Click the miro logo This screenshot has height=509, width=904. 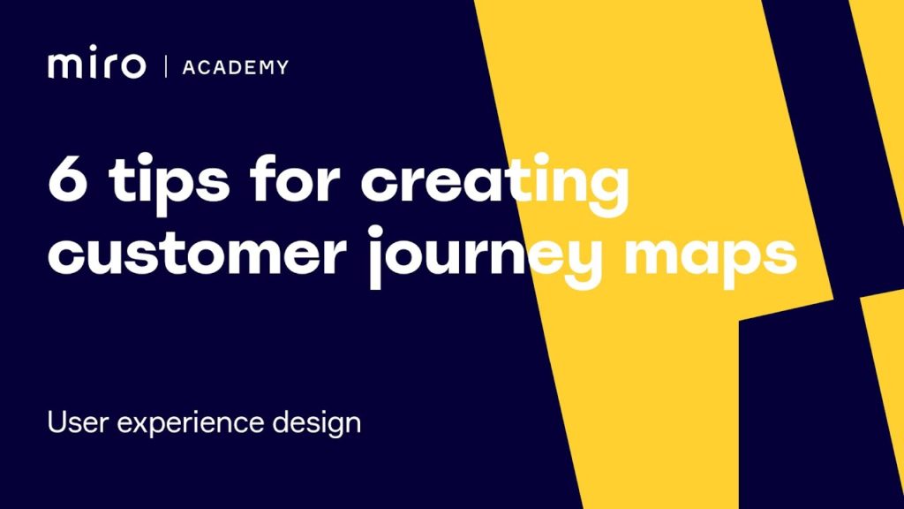[x=97, y=63]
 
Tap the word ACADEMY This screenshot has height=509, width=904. [x=235, y=67]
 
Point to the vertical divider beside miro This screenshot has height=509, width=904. [x=166, y=66]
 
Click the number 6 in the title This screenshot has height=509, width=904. [x=68, y=178]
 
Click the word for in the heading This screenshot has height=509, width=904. [x=295, y=177]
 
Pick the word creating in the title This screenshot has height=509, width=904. [x=494, y=185]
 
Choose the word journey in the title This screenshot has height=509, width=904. [x=485, y=257]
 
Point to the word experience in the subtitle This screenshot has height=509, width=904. [x=191, y=423]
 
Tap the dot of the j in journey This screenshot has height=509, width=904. [x=375, y=232]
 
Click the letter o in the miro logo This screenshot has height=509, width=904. [x=132, y=65]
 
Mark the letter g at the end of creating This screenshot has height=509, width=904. [x=609, y=191]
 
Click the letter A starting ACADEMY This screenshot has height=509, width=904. [x=189, y=67]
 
